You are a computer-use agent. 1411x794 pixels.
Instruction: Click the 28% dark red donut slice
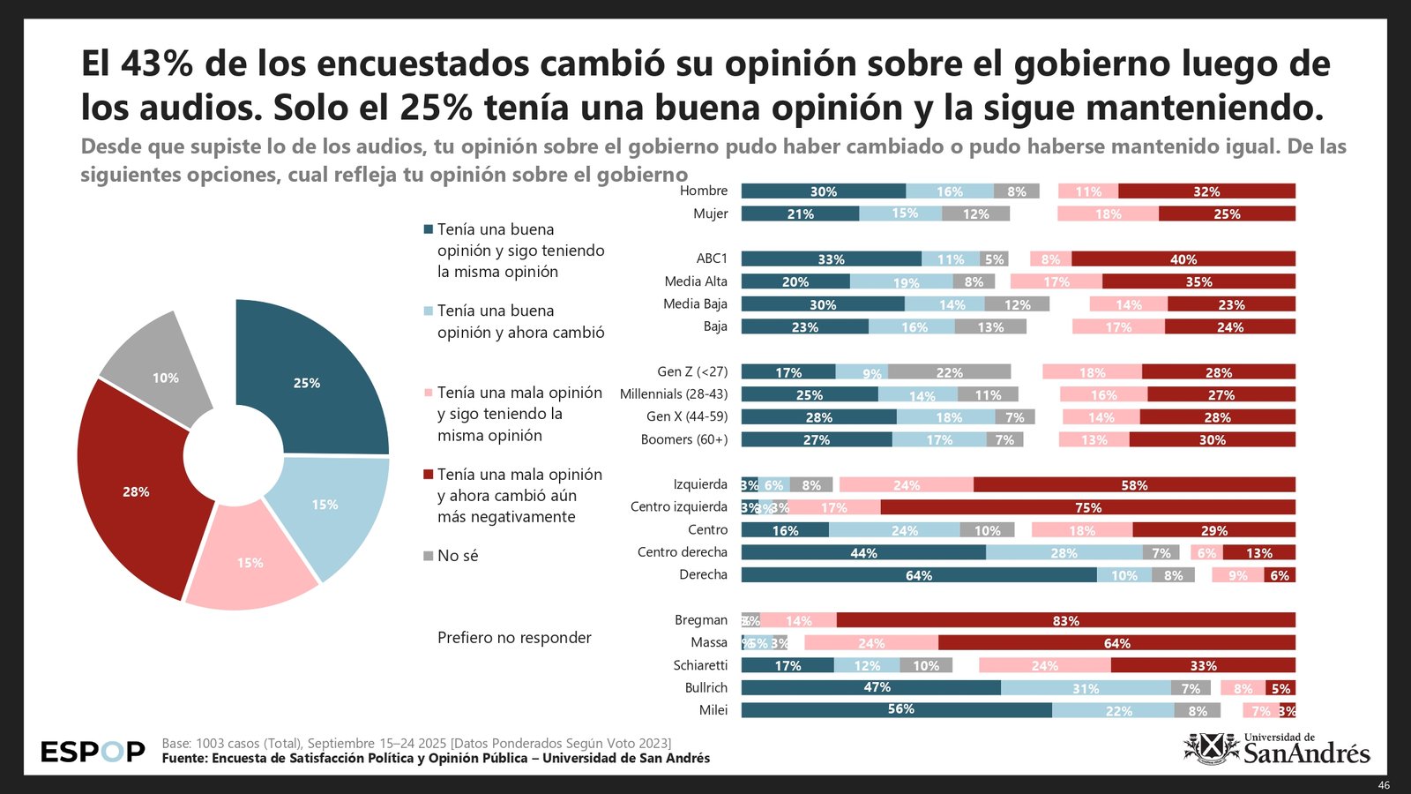point(137,492)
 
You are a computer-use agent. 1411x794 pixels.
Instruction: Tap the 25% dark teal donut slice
point(309,381)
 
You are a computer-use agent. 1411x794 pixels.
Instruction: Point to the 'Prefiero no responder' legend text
point(514,638)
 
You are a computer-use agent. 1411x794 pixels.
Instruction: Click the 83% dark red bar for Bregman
point(1065,621)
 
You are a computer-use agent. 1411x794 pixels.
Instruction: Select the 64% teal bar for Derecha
point(919,575)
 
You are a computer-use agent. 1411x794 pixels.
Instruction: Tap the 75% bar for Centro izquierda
point(1087,507)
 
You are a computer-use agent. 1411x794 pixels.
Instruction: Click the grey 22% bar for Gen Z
point(949,372)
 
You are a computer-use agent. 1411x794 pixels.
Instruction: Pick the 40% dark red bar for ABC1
point(1183,259)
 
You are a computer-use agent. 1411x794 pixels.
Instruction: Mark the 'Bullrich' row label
point(706,688)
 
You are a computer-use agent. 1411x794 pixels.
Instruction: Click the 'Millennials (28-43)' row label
point(674,394)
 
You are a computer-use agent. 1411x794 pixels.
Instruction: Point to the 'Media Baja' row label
point(695,304)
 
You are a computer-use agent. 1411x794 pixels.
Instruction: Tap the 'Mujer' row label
point(710,213)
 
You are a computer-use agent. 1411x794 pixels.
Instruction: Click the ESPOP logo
point(93,752)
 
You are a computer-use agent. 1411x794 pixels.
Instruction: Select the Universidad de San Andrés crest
point(1211,749)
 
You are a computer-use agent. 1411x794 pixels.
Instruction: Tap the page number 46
point(1384,785)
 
